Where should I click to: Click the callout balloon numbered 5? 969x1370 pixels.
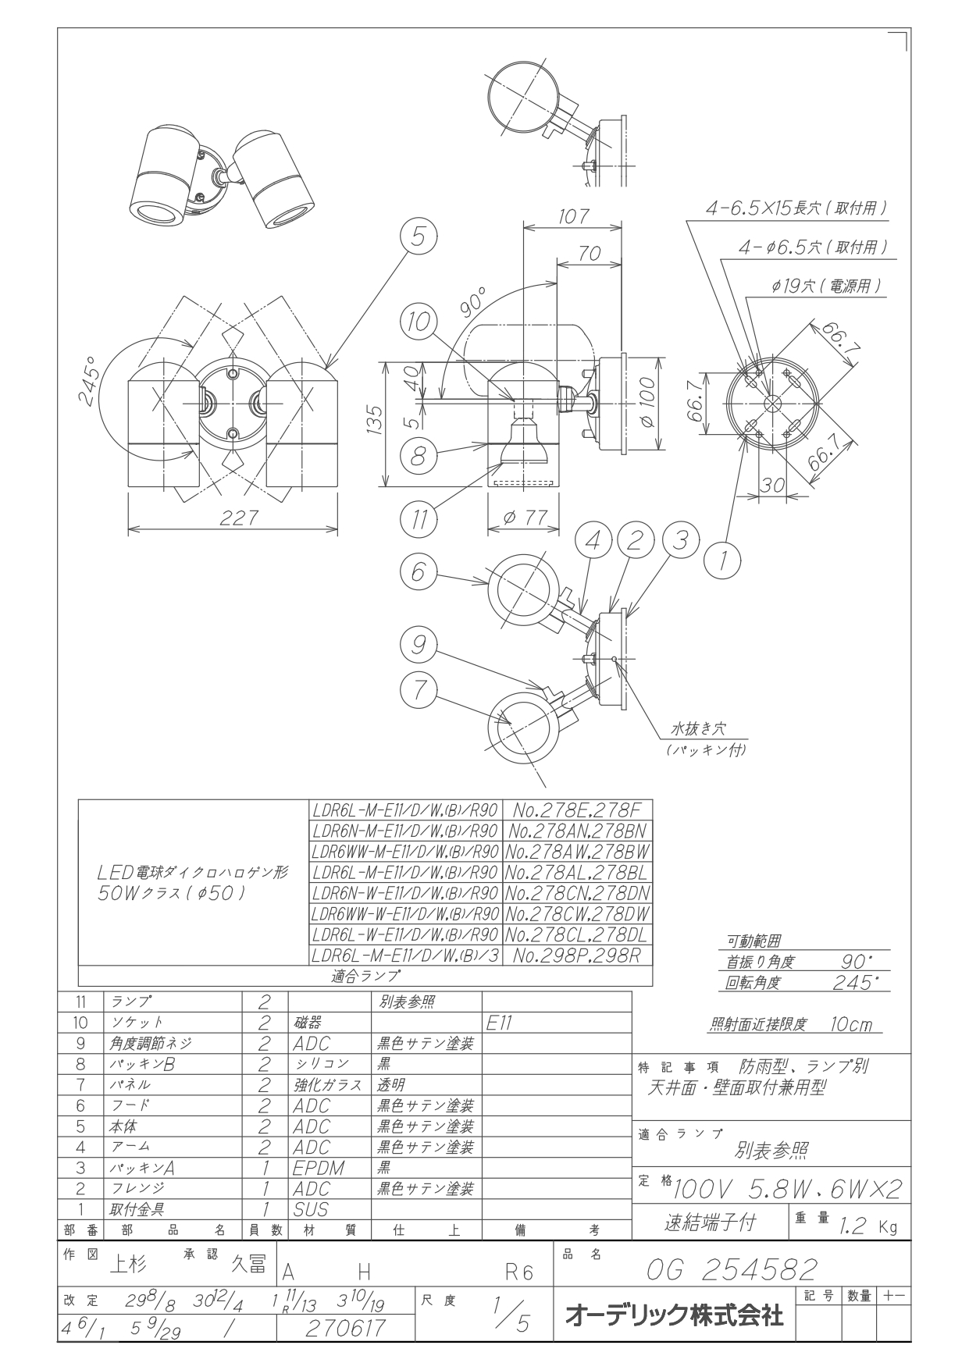[x=419, y=237]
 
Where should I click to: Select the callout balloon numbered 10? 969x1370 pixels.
[x=421, y=322]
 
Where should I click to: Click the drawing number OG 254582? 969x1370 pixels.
[x=731, y=1269]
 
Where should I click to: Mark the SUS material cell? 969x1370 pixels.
[x=311, y=1209]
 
